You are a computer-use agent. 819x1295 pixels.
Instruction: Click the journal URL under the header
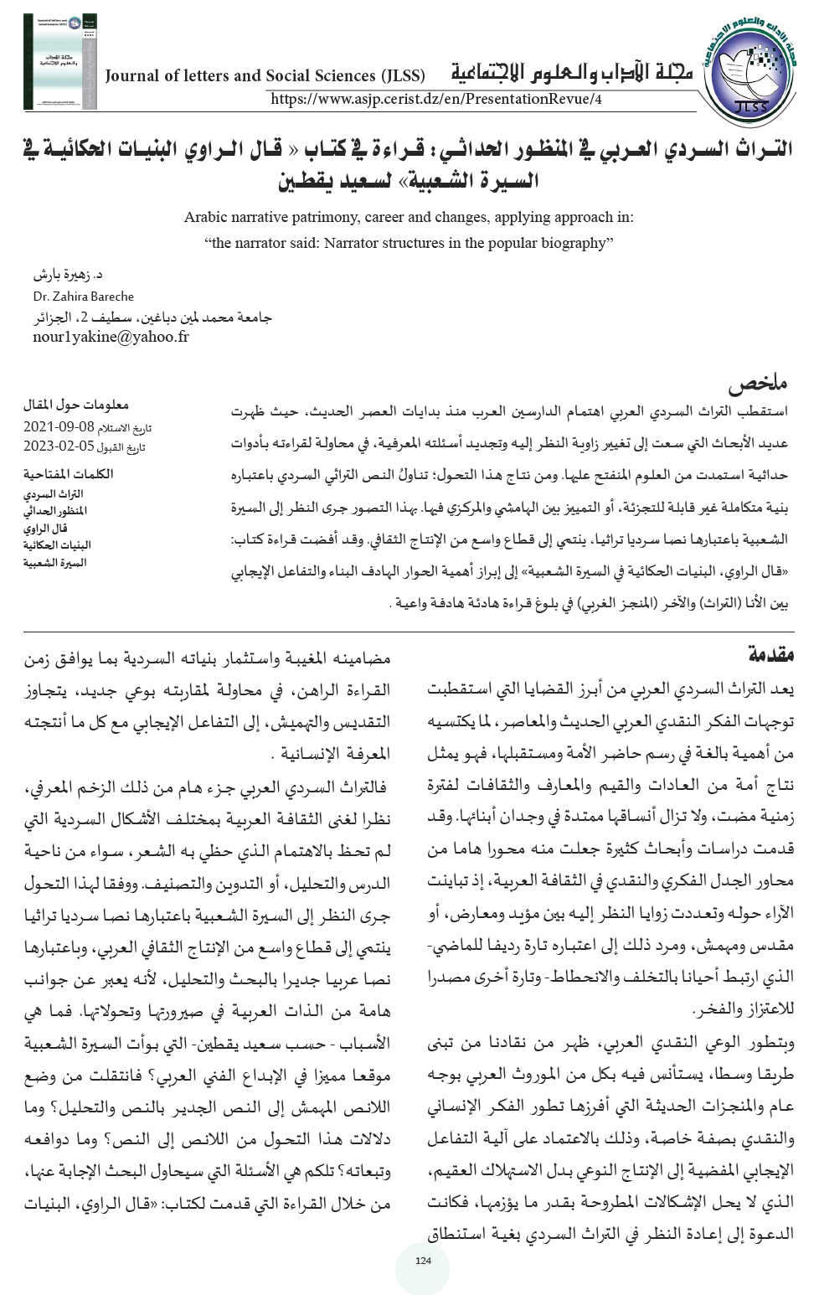point(436,100)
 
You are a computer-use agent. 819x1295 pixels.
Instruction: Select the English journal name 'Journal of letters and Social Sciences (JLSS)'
point(265,76)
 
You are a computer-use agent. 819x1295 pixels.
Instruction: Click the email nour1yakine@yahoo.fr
point(111,337)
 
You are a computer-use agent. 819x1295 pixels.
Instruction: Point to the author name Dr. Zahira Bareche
point(84,297)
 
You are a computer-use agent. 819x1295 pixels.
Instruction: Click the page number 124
point(423,1261)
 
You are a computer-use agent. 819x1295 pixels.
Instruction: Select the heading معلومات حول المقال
point(76,405)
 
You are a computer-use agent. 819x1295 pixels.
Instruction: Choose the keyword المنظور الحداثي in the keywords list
point(57,511)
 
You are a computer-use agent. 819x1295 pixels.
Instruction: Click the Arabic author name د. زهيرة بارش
point(68,275)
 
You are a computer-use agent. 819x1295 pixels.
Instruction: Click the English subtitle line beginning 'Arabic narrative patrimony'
point(409,218)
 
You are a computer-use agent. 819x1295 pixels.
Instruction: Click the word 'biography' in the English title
point(577,244)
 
